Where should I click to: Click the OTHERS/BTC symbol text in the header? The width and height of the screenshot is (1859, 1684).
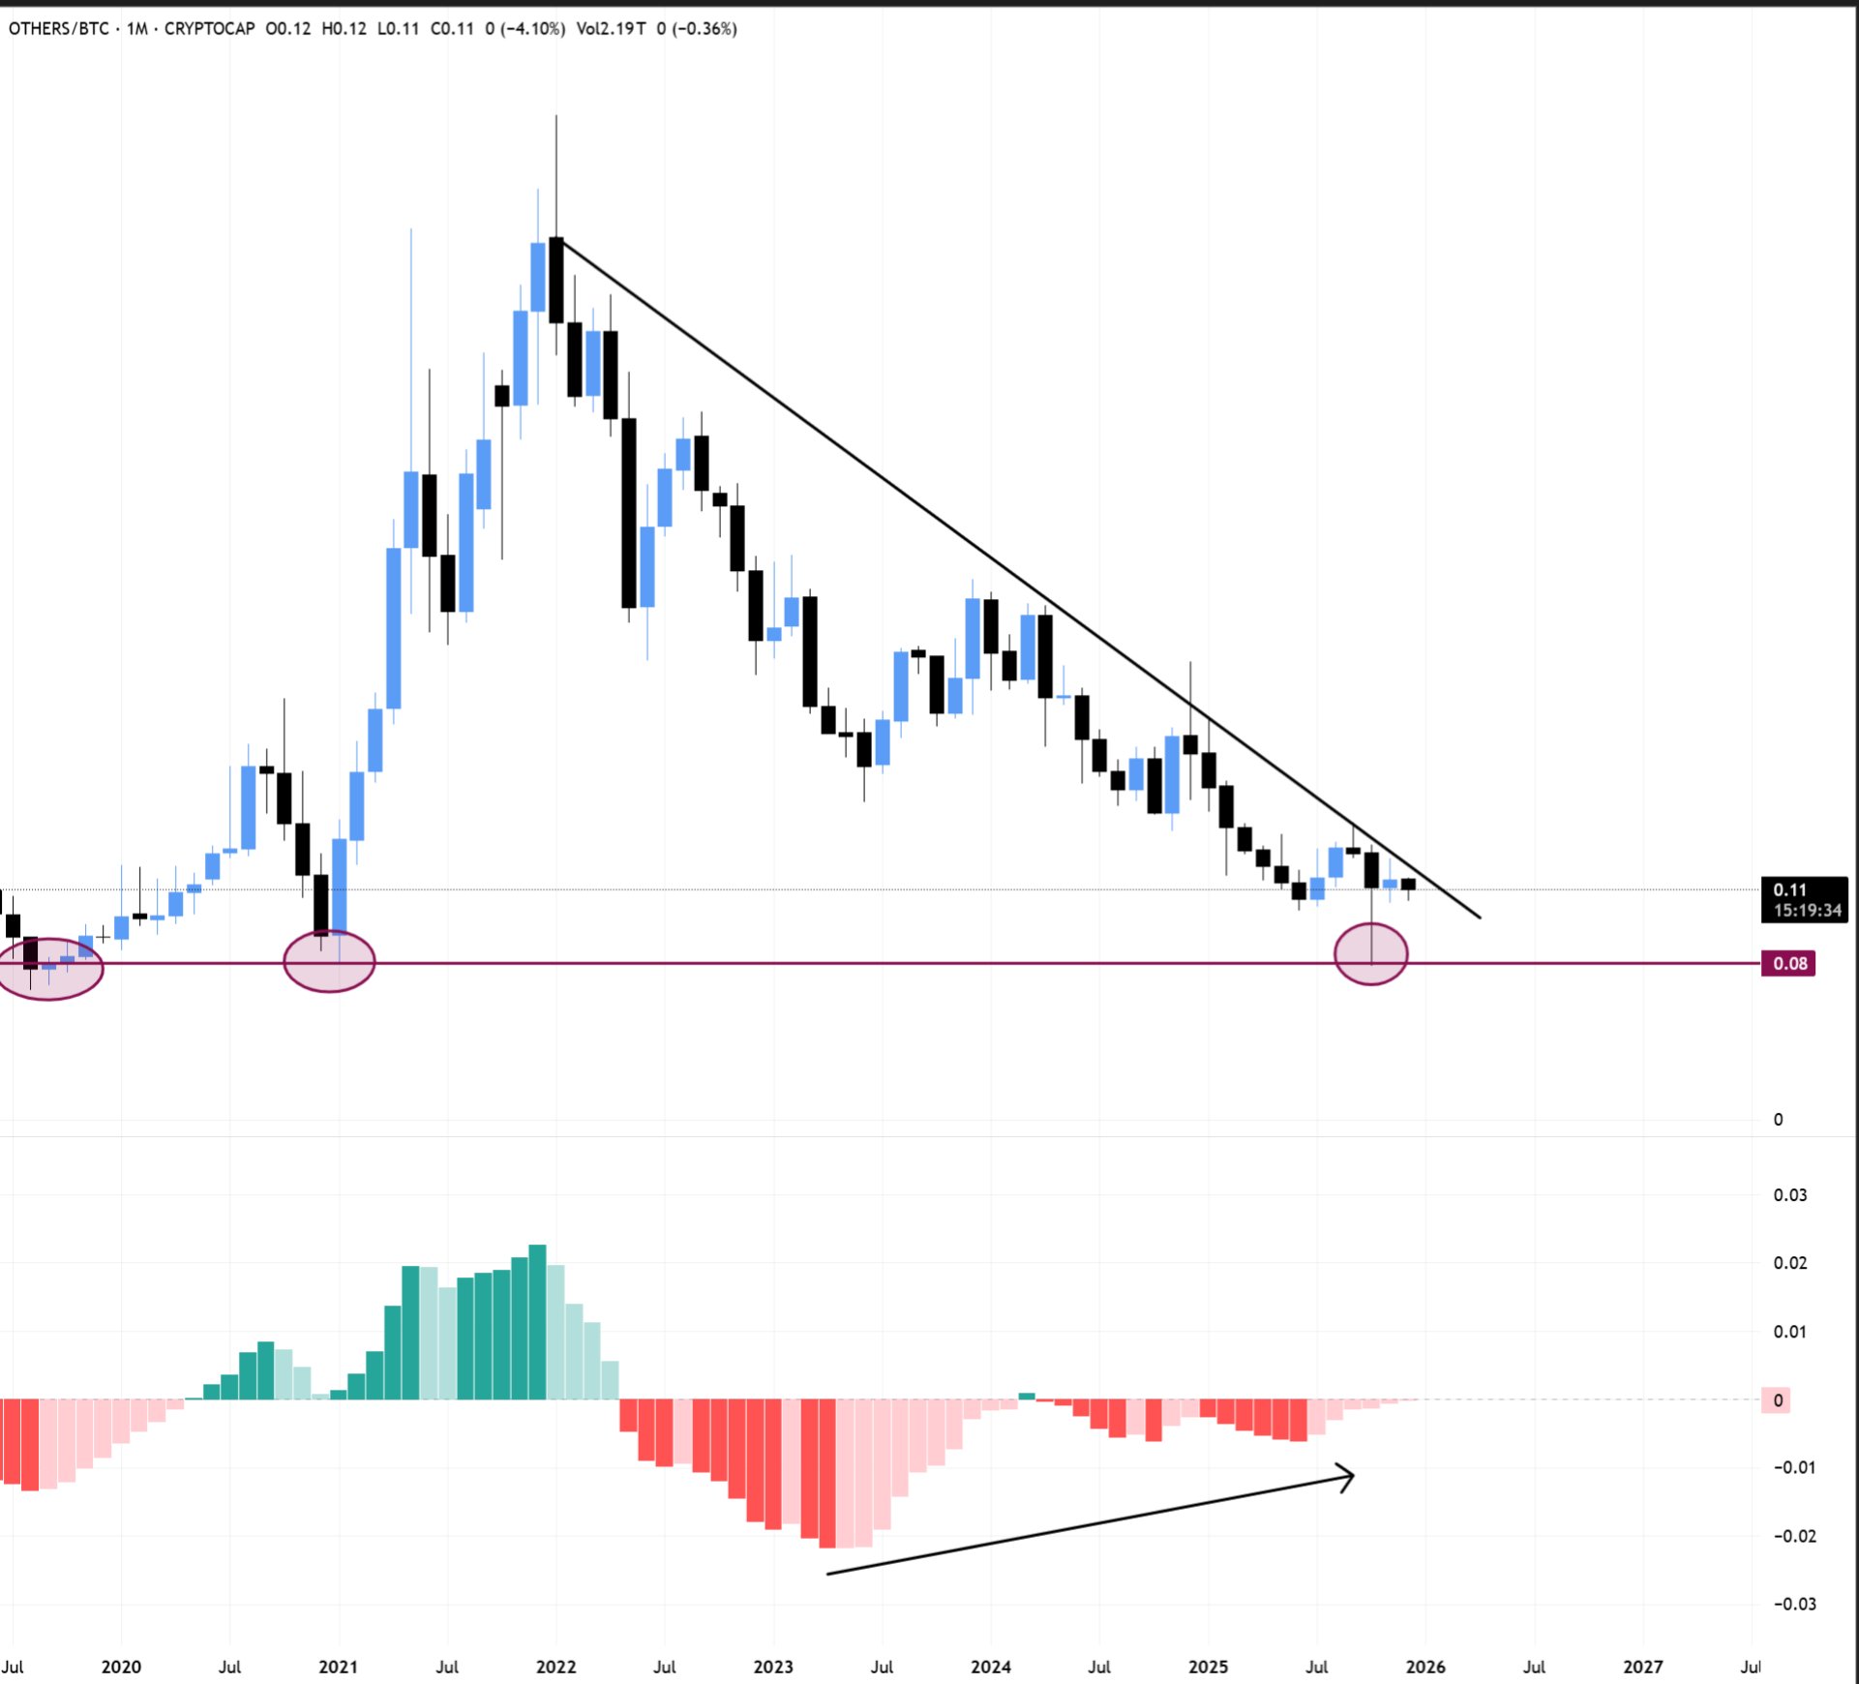coord(58,29)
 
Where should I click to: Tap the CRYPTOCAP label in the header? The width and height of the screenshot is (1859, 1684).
coord(209,29)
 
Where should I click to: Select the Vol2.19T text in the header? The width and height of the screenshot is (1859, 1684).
coord(611,29)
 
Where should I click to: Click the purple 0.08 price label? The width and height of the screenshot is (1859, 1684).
coord(1788,963)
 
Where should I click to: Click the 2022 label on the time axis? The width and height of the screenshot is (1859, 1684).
coord(555,1666)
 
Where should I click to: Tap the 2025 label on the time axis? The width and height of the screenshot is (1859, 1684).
coord(1208,1666)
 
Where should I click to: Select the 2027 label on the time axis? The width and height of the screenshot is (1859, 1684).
coord(1642,1666)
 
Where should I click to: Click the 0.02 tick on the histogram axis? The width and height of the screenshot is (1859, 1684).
coord(1789,1262)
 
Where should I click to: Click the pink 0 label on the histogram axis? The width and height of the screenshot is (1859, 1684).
coord(1777,1399)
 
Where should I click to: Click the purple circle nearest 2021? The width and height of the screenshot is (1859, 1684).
coord(329,961)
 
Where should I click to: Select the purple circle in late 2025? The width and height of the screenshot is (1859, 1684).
coord(1370,954)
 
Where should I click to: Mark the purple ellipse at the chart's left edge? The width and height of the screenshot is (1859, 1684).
coord(48,968)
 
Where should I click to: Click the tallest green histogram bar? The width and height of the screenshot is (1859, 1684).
coord(538,1321)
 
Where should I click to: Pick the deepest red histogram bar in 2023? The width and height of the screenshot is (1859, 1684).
coord(827,1473)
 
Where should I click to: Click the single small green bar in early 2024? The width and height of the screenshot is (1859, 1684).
coord(1027,1396)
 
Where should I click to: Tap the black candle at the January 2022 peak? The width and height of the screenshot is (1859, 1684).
coord(555,280)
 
